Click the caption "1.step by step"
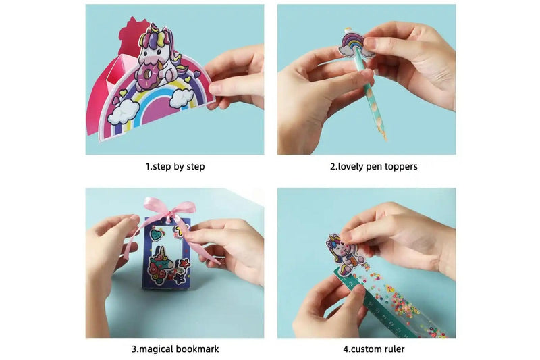(x=175, y=166)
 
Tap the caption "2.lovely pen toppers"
(x=373, y=166)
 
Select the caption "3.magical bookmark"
(x=175, y=349)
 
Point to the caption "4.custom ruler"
(x=373, y=349)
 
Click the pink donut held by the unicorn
(x=149, y=80)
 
